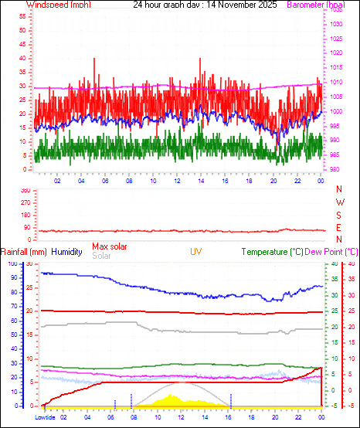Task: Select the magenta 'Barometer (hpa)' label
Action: point(319,5)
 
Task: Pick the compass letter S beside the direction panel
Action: point(339,216)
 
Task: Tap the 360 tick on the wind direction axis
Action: point(25,190)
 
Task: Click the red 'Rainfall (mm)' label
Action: point(24,252)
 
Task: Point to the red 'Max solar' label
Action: point(110,246)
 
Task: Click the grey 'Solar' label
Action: point(101,256)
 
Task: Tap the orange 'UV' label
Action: point(196,252)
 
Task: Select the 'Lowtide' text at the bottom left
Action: point(46,417)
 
